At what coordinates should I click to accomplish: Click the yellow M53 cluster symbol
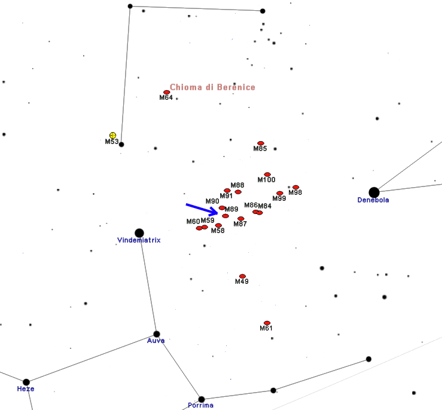click(x=113, y=136)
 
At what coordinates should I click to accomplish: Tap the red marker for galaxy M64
click(x=167, y=93)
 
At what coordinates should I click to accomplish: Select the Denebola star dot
click(x=374, y=192)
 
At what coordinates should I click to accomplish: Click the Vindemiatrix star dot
click(x=139, y=233)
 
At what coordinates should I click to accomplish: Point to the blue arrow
click(x=202, y=209)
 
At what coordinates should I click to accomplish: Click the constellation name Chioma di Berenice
click(x=212, y=87)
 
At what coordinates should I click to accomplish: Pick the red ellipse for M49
click(x=242, y=276)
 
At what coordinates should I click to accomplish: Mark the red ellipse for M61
click(x=267, y=323)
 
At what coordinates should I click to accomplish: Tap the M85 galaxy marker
click(x=261, y=143)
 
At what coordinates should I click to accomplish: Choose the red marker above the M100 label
click(x=267, y=175)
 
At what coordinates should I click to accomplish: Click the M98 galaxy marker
click(x=295, y=187)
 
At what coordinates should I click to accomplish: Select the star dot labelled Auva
click(x=157, y=334)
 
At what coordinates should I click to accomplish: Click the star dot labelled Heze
click(x=26, y=382)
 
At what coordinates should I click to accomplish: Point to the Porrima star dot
click(x=202, y=399)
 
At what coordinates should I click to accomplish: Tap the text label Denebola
click(x=373, y=200)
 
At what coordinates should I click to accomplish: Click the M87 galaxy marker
click(x=240, y=219)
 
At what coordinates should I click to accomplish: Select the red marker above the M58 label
click(x=218, y=225)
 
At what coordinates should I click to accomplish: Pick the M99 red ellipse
click(x=280, y=193)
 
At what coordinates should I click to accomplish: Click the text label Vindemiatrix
click(x=139, y=240)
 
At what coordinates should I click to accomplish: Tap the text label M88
click(x=237, y=185)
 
